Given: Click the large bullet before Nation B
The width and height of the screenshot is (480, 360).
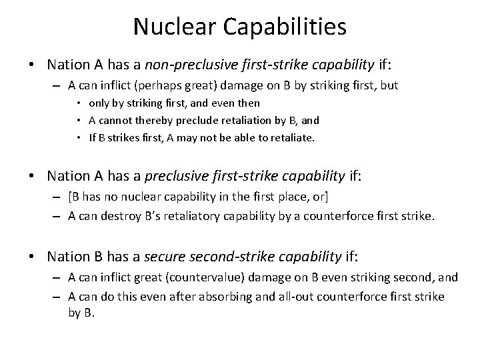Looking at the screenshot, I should point(33,257).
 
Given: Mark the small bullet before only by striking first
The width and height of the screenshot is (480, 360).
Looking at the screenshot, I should point(79,103).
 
